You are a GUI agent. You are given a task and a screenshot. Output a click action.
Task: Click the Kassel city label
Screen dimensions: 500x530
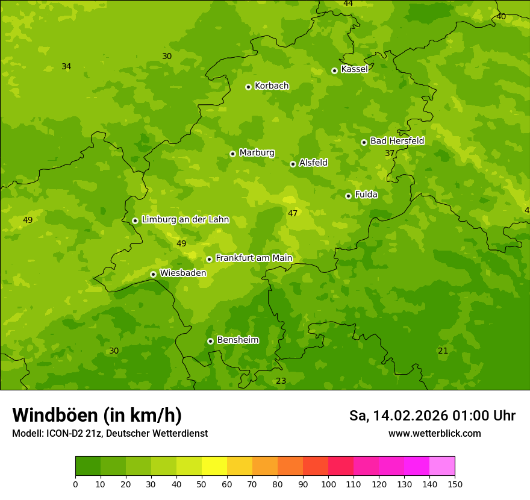354,69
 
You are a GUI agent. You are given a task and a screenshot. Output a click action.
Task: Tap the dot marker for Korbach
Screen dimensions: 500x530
248,87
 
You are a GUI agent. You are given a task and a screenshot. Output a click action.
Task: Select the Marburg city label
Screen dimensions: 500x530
257,153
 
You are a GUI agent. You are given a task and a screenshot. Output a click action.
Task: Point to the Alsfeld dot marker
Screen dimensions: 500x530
293,164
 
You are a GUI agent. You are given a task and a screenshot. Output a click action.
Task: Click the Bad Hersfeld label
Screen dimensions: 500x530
397,141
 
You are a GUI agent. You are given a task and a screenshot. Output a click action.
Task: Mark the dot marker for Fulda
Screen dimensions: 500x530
348,196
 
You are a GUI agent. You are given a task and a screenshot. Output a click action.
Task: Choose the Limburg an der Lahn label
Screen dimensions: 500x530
185,220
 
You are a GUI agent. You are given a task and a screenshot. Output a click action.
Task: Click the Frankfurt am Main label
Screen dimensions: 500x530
254,258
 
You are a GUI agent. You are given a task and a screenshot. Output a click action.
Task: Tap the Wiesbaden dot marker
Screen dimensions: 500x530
153,274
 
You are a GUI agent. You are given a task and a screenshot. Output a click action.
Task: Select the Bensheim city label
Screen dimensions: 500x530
237,340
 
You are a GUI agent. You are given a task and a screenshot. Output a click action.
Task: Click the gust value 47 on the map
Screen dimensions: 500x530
293,213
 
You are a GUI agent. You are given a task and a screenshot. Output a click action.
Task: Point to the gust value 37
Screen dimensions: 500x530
390,153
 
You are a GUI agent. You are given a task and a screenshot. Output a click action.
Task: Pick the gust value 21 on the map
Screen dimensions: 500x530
443,351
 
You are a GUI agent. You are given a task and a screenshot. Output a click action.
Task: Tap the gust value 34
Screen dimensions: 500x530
66,66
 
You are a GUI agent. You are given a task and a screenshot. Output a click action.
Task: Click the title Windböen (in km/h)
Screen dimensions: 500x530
97,415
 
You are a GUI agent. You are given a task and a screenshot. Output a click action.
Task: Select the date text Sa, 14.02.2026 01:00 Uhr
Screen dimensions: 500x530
432,416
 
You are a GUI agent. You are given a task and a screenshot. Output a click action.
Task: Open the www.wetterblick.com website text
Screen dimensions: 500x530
434,433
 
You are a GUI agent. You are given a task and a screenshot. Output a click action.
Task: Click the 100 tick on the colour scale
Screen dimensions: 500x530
328,484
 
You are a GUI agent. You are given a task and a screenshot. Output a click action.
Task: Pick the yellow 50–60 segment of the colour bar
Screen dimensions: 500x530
214,466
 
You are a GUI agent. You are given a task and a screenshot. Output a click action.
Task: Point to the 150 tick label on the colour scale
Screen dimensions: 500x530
455,484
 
